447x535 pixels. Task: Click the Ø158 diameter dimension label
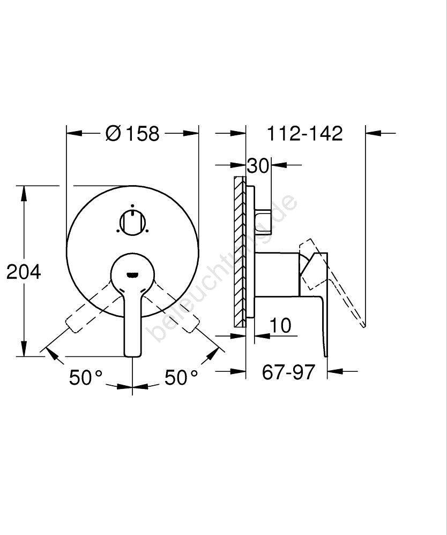(x=132, y=133)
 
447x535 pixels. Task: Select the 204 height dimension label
(x=24, y=272)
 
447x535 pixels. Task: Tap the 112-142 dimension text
(x=304, y=133)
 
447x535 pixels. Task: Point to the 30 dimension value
(x=258, y=166)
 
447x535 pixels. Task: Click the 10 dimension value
(x=280, y=325)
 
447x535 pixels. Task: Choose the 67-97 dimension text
(x=288, y=372)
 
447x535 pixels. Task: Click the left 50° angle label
(x=86, y=377)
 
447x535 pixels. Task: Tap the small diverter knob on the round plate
(x=132, y=223)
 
